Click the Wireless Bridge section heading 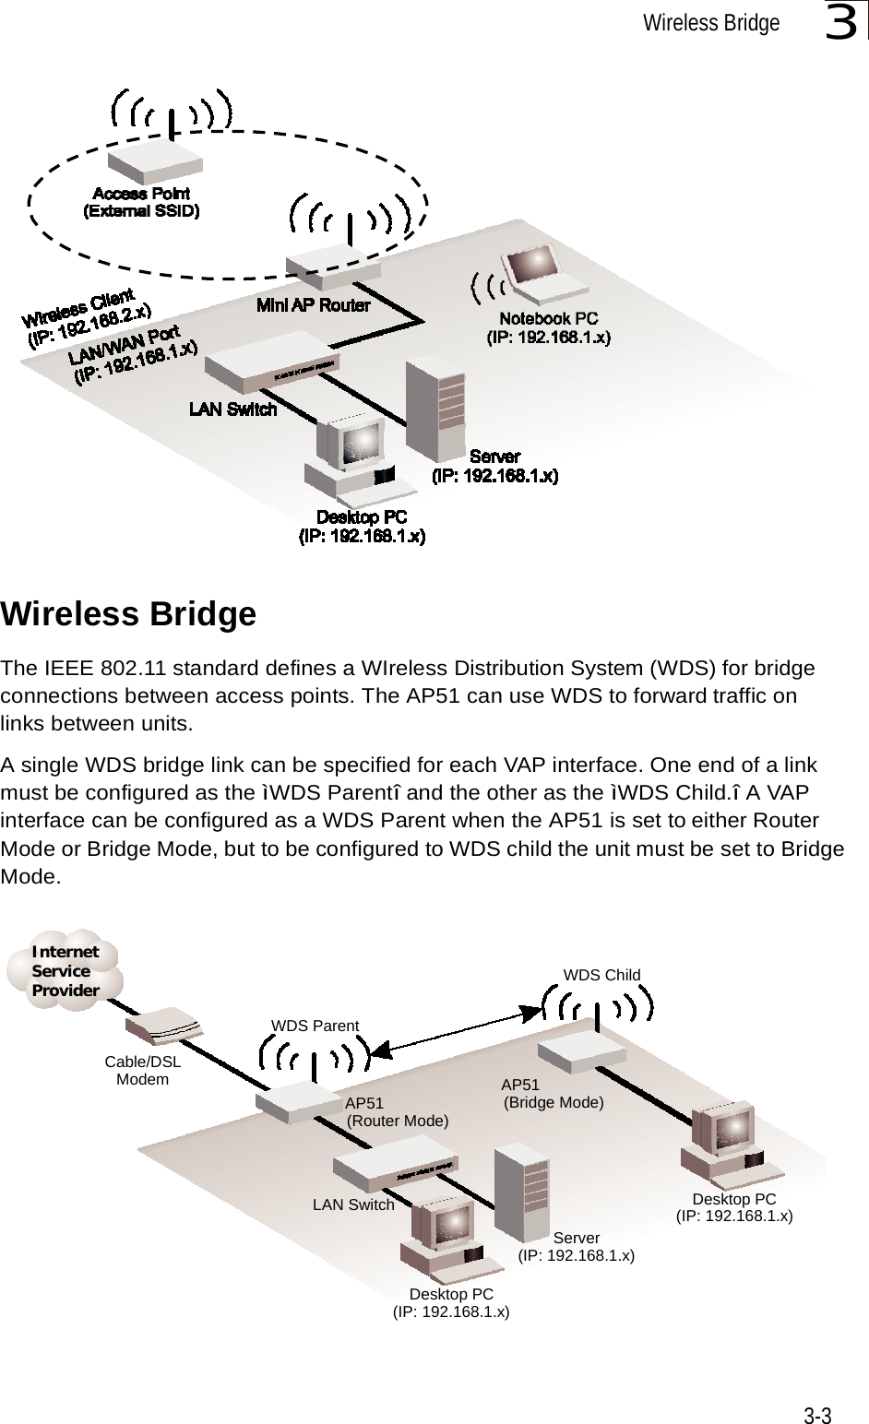pos(129,614)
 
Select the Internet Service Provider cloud pos(65,970)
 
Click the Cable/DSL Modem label pos(143,1071)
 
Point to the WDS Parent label pos(315,1025)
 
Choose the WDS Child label pos(601,974)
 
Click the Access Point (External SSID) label pos(141,202)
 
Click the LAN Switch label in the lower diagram pos(353,1204)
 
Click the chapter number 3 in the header pos(842,24)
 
